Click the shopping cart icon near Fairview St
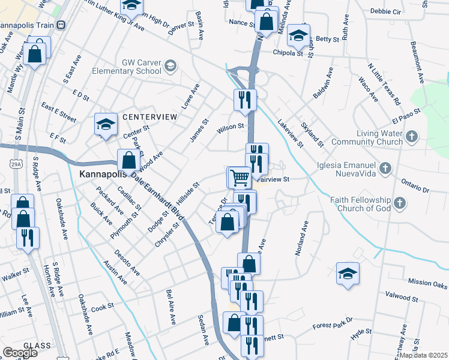[240, 177]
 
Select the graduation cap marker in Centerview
[106, 125]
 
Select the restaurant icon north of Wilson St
[244, 99]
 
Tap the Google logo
[20, 352]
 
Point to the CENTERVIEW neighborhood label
[150, 116]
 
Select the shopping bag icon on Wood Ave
[128, 160]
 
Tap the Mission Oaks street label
[427, 282]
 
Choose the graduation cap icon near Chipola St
[298, 35]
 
